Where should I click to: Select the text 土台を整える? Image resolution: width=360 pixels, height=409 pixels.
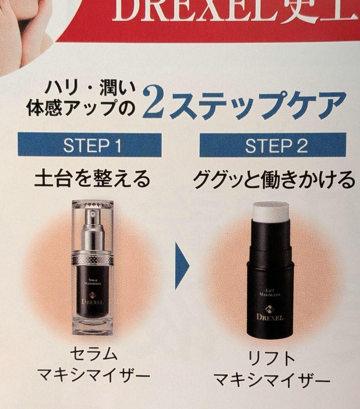(x=92, y=179)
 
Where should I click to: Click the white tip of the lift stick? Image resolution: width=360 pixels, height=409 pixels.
(x=271, y=211)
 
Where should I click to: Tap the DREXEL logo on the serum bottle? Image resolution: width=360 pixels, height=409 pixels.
(x=93, y=301)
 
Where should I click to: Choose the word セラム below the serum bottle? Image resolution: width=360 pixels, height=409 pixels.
(x=94, y=354)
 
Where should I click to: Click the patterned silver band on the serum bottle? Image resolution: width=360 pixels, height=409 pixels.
(x=93, y=259)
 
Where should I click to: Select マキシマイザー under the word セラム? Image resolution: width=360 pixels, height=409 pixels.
(x=94, y=376)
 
